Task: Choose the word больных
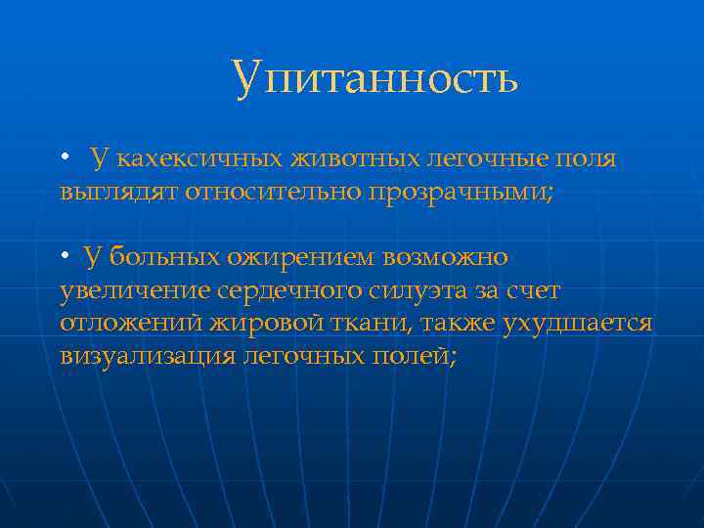click(x=163, y=258)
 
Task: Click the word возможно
click(x=446, y=258)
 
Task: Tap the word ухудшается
click(x=577, y=324)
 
